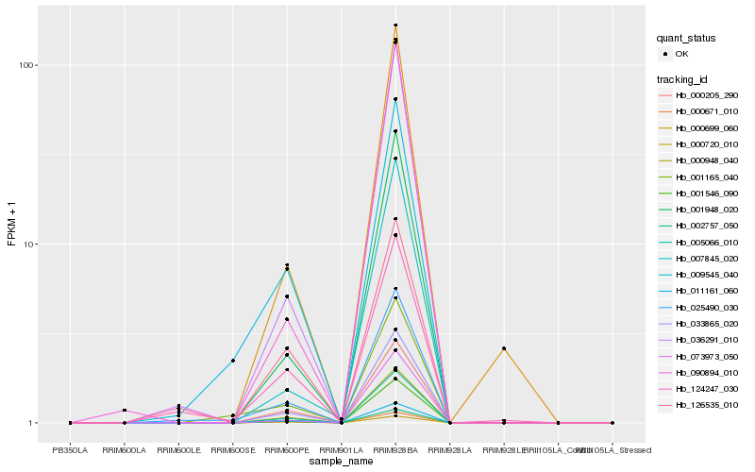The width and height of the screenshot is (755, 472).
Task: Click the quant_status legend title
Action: (686, 39)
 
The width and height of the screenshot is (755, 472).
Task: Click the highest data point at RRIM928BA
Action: (395, 25)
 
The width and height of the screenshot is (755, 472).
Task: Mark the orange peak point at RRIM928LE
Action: (504, 348)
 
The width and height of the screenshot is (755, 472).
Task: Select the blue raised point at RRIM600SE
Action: (233, 361)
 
